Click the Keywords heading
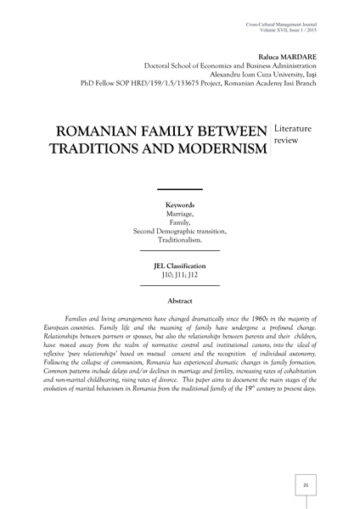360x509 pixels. (x=179, y=205)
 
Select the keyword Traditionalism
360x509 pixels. (x=179, y=240)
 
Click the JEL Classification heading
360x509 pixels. (x=179, y=266)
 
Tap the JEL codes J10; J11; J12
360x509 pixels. (x=179, y=276)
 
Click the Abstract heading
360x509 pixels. (x=179, y=301)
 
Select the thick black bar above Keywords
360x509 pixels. (x=179, y=188)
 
